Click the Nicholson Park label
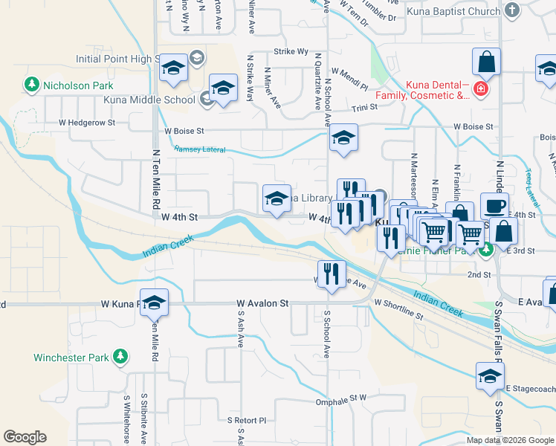point(78,85)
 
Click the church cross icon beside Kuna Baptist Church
point(511,10)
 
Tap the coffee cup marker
point(494,206)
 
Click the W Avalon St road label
point(262,303)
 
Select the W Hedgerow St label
point(88,122)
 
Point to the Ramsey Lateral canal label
point(199,149)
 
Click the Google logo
point(25,437)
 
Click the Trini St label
point(365,108)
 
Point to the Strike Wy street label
point(291,51)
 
